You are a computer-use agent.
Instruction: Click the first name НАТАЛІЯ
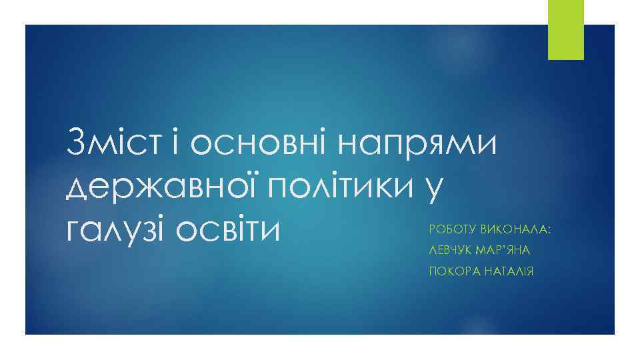[508, 271]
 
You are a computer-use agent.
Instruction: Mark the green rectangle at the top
[565, 29]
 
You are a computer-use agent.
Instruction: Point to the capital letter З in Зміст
[77, 142]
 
